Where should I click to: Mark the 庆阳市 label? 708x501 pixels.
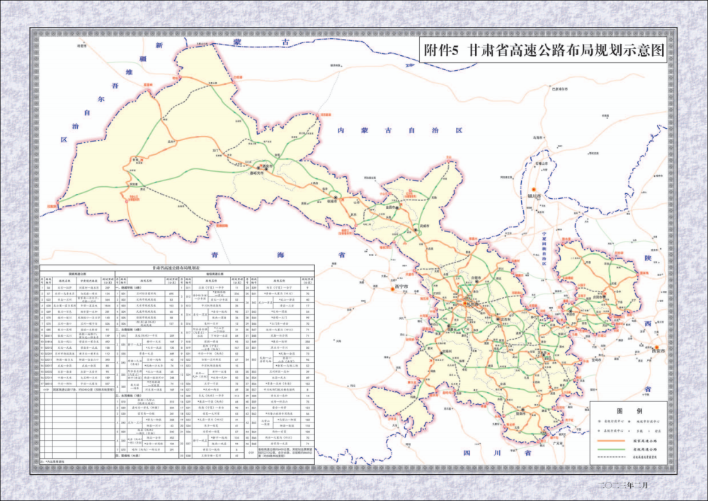coord(599,298)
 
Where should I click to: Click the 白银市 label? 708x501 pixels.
coord(480,278)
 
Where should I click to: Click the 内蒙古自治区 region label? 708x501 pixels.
coord(400,131)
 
